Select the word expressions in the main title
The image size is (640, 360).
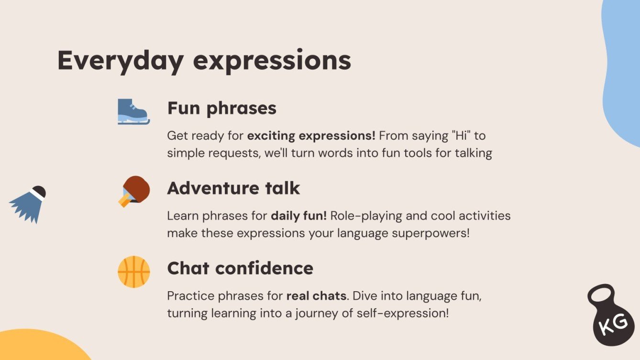tap(271, 61)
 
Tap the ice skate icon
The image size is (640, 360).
tap(133, 111)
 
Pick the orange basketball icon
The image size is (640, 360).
tap(134, 272)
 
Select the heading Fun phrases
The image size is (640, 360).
tap(221, 108)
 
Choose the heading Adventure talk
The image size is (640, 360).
tap(233, 188)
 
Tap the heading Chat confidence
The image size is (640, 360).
tap(240, 268)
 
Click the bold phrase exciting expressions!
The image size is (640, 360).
tap(311, 136)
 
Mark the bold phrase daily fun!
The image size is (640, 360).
tap(299, 216)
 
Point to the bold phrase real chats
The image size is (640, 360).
tap(316, 296)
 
